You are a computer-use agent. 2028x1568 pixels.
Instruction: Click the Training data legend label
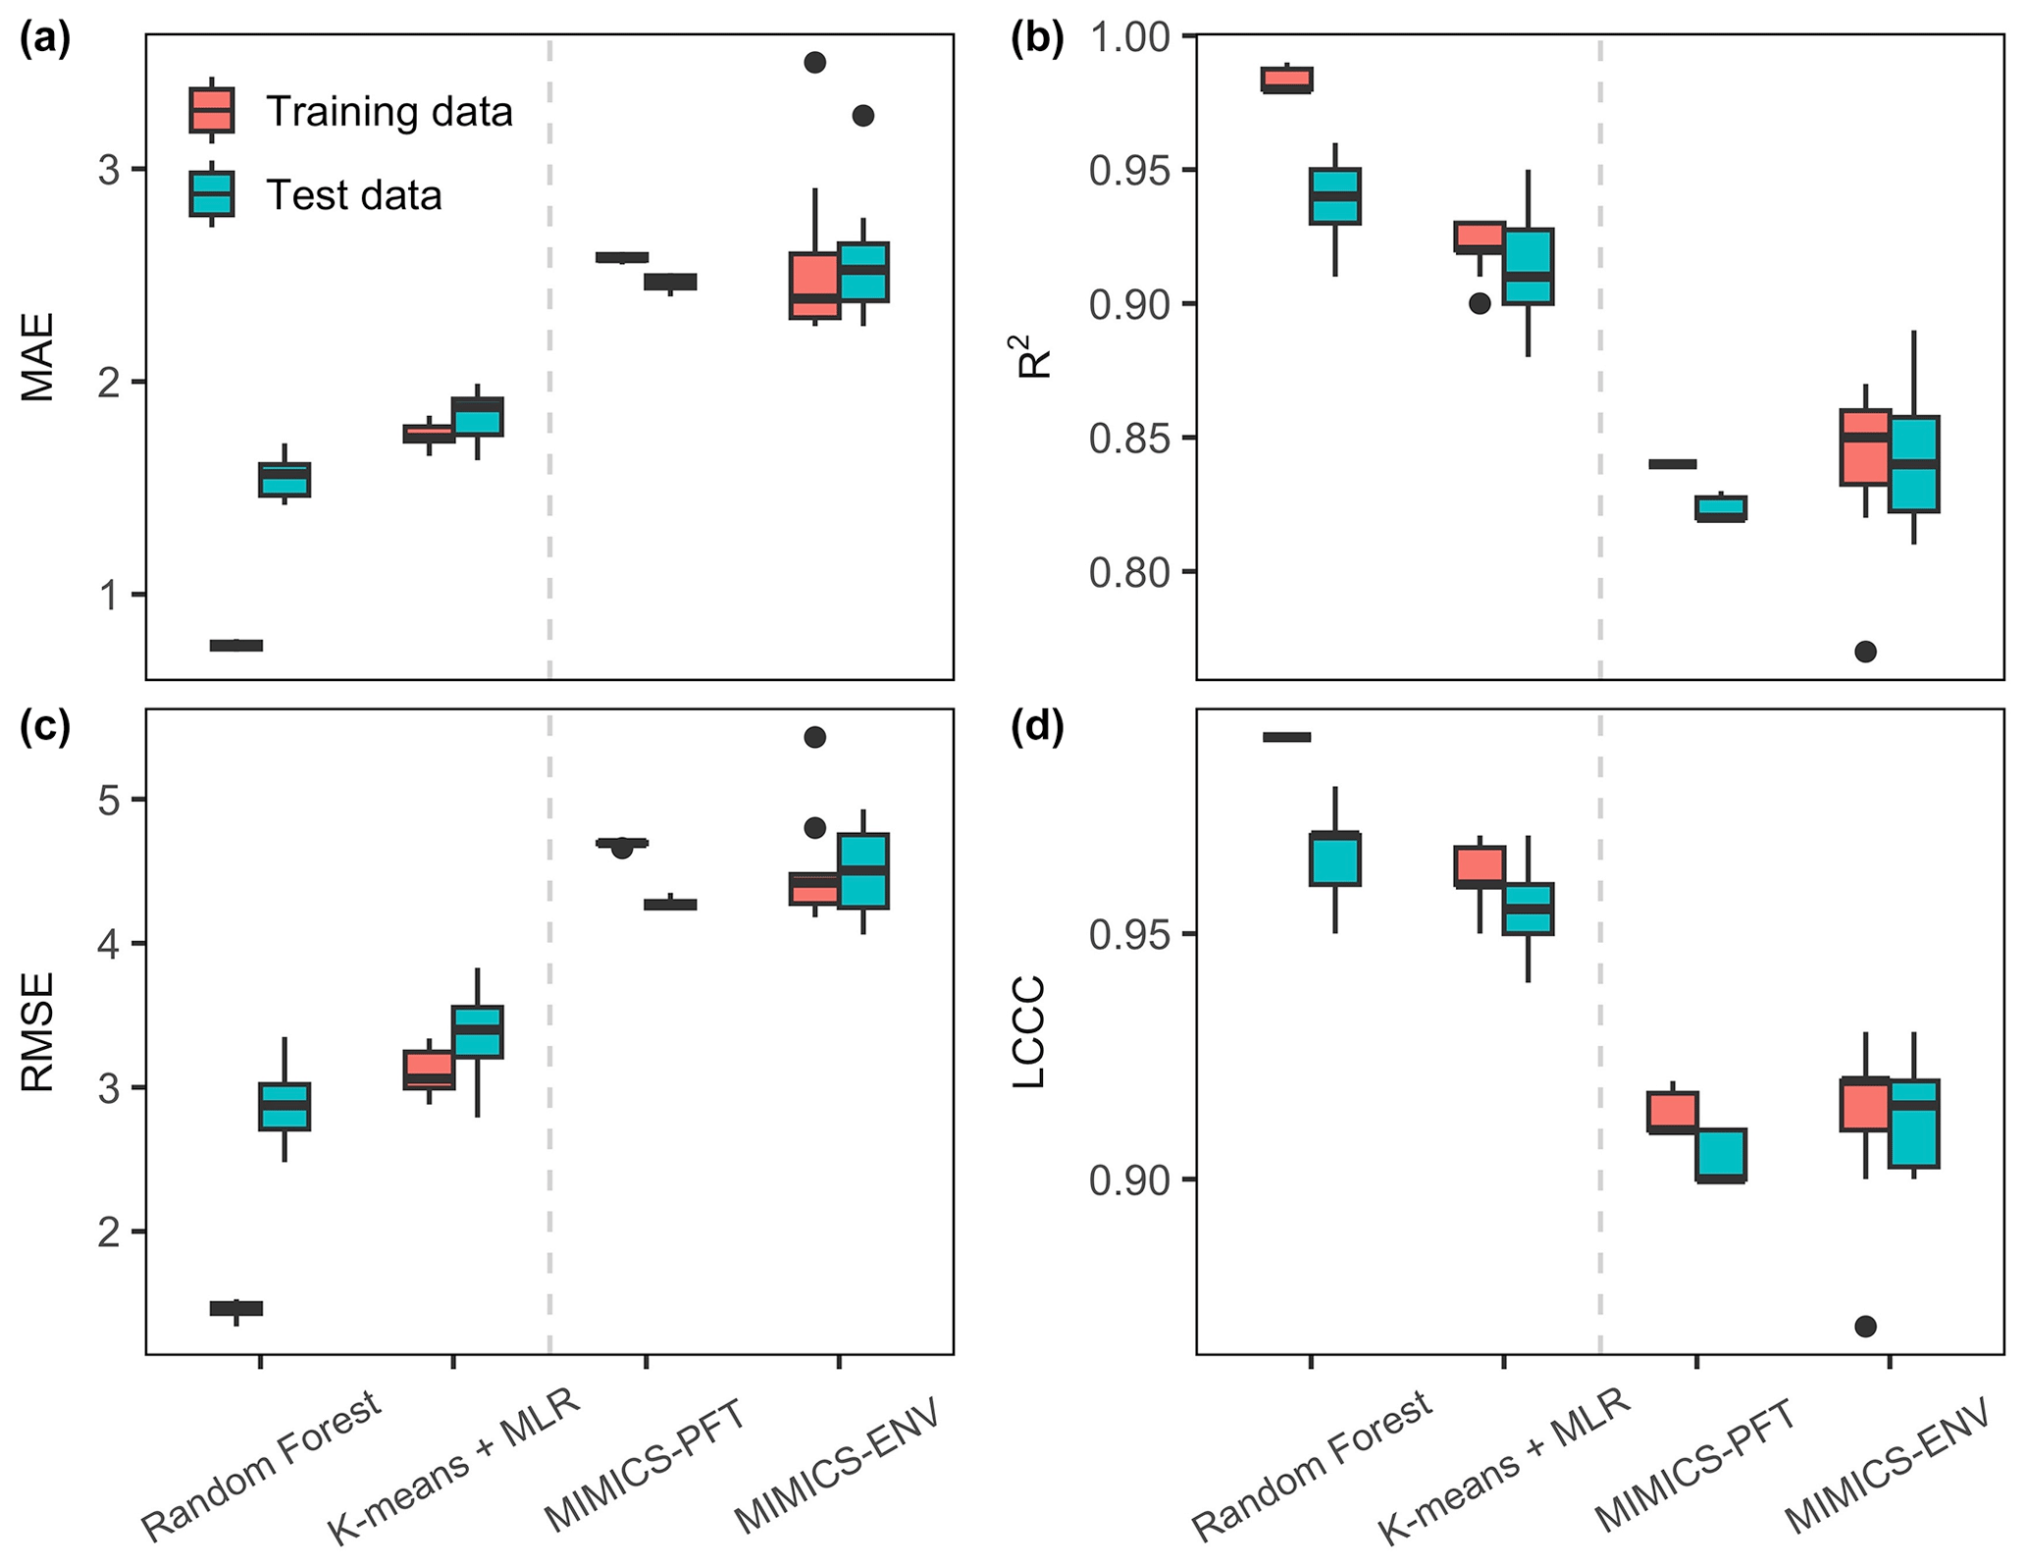click(389, 112)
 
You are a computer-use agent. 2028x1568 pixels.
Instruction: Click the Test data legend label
click(353, 195)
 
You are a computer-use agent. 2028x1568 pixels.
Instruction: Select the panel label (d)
click(1037, 730)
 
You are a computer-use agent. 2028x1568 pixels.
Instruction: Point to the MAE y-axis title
click(38, 357)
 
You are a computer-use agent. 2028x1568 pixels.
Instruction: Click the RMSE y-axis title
click(38, 1031)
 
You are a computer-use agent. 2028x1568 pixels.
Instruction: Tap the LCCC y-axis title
click(1029, 1031)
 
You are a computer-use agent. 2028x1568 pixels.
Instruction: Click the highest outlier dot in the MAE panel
click(814, 63)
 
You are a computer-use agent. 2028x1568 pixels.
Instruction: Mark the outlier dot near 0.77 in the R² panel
click(1865, 652)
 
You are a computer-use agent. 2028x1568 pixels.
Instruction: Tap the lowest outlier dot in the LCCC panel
click(1865, 1327)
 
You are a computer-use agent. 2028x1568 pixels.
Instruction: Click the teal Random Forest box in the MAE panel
click(285, 480)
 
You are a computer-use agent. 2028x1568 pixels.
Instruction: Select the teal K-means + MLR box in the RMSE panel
click(477, 1031)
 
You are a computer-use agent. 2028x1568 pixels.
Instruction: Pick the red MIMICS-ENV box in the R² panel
click(1865, 447)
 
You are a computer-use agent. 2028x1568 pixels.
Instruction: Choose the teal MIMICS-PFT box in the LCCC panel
click(1721, 1156)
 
